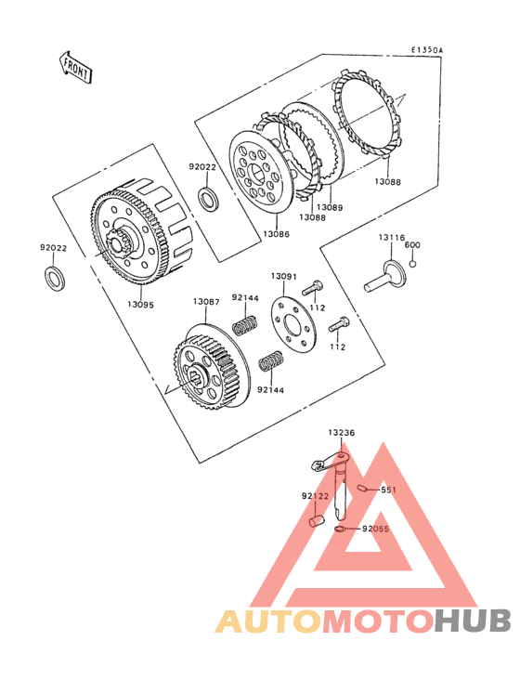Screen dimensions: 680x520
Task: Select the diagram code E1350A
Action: tap(429, 50)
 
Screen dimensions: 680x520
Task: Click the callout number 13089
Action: tap(330, 207)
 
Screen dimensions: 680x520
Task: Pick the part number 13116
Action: tap(390, 238)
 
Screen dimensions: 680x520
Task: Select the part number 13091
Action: tap(283, 276)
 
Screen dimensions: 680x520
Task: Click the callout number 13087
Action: tap(206, 302)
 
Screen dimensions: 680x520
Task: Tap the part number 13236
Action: tap(341, 432)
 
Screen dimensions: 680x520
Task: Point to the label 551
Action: tap(388, 490)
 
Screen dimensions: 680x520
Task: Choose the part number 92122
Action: tap(314, 497)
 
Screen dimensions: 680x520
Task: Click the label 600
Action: tap(412, 244)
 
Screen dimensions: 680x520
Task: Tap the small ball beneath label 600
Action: tap(412, 263)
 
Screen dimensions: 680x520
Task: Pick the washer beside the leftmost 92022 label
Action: tap(56, 277)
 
